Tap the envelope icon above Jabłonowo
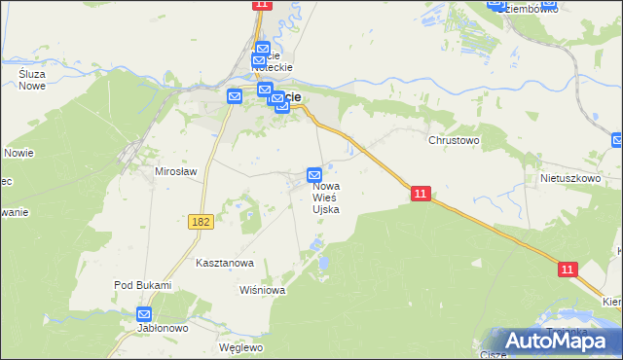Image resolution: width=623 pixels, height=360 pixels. click(x=144, y=314)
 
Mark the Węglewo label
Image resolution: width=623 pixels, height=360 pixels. click(x=241, y=347)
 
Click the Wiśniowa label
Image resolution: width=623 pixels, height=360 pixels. click(x=261, y=290)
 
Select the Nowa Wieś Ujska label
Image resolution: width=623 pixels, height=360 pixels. click(x=326, y=197)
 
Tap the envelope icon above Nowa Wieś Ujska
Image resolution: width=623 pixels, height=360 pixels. click(x=314, y=174)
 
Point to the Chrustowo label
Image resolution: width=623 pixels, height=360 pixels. click(x=455, y=140)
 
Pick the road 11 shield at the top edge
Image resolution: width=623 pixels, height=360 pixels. click(x=261, y=5)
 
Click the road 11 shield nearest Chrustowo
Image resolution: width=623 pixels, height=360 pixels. click(x=420, y=195)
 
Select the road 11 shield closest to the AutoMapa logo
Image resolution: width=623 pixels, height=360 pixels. click(x=568, y=269)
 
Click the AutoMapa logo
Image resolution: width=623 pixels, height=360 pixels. click(x=563, y=341)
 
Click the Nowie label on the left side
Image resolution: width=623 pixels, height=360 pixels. click(x=18, y=153)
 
